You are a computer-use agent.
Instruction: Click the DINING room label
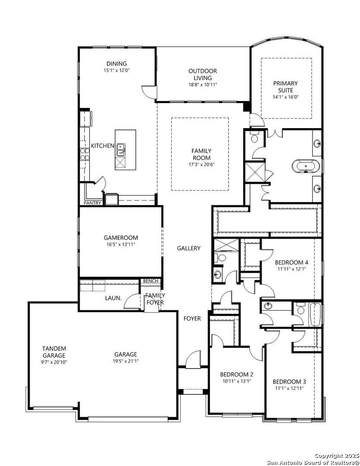[x=117, y=63]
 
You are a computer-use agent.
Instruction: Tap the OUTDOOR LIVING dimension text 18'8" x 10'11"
[x=203, y=85]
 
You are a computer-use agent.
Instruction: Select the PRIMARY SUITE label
[x=285, y=87]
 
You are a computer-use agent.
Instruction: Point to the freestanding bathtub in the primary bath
[x=306, y=166]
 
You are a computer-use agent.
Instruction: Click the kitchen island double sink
[x=120, y=150]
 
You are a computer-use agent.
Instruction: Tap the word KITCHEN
[x=103, y=146]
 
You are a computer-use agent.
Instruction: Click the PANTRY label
[x=92, y=203]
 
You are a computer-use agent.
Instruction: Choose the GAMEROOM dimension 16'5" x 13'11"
[x=121, y=244]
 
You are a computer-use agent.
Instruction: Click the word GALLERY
[x=188, y=248]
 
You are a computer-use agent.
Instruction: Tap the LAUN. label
[x=113, y=298]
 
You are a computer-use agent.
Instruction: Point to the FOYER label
[x=192, y=318]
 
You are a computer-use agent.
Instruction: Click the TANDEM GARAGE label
[x=54, y=352]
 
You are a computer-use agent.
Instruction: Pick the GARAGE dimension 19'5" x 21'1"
[x=125, y=361]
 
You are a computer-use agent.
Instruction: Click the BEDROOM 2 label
[x=236, y=375]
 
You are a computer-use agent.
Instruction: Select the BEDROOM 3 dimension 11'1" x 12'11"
[x=289, y=388]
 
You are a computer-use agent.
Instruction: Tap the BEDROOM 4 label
[x=291, y=262]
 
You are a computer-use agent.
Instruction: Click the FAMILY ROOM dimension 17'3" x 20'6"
[x=201, y=164]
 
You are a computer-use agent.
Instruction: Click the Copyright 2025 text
[x=337, y=456]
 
